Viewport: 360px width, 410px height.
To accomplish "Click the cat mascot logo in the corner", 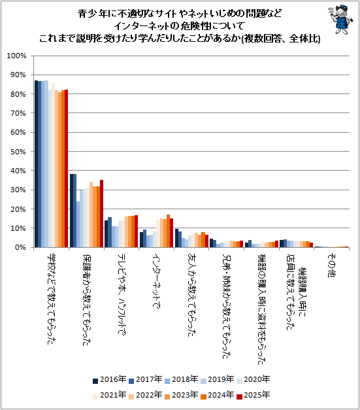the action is click(x=340, y=20).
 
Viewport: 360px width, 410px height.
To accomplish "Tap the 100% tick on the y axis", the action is click(x=16, y=56).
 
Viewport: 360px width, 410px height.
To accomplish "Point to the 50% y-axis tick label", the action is click(x=18, y=152).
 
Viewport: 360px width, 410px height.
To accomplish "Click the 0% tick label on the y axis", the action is click(x=20, y=247).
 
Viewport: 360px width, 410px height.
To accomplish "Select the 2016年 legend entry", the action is click(x=109, y=379).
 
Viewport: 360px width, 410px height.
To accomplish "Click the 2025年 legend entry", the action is click(x=253, y=395).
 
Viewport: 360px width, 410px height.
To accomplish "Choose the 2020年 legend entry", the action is click(x=253, y=379).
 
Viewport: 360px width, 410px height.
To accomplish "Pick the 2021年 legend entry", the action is click(x=109, y=395).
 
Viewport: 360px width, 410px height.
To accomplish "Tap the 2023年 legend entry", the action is click(x=181, y=395).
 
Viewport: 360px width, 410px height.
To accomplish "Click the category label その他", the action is click(x=331, y=265).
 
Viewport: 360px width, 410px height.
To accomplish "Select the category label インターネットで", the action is click(x=156, y=281).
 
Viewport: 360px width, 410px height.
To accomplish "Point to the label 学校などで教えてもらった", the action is click(x=51, y=299).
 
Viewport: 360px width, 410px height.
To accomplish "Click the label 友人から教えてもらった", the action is click(x=191, y=295).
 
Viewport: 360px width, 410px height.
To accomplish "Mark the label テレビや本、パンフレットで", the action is click(x=122, y=294).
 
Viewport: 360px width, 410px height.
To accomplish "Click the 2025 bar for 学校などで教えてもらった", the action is click(x=67, y=169).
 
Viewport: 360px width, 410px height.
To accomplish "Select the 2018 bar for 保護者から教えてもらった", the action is click(x=78, y=224).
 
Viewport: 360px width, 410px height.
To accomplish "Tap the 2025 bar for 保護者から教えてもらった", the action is click(x=102, y=214).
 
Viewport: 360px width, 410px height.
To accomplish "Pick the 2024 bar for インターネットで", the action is click(x=169, y=231).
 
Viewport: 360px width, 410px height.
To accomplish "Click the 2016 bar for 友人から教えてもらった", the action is click(x=176, y=238).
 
